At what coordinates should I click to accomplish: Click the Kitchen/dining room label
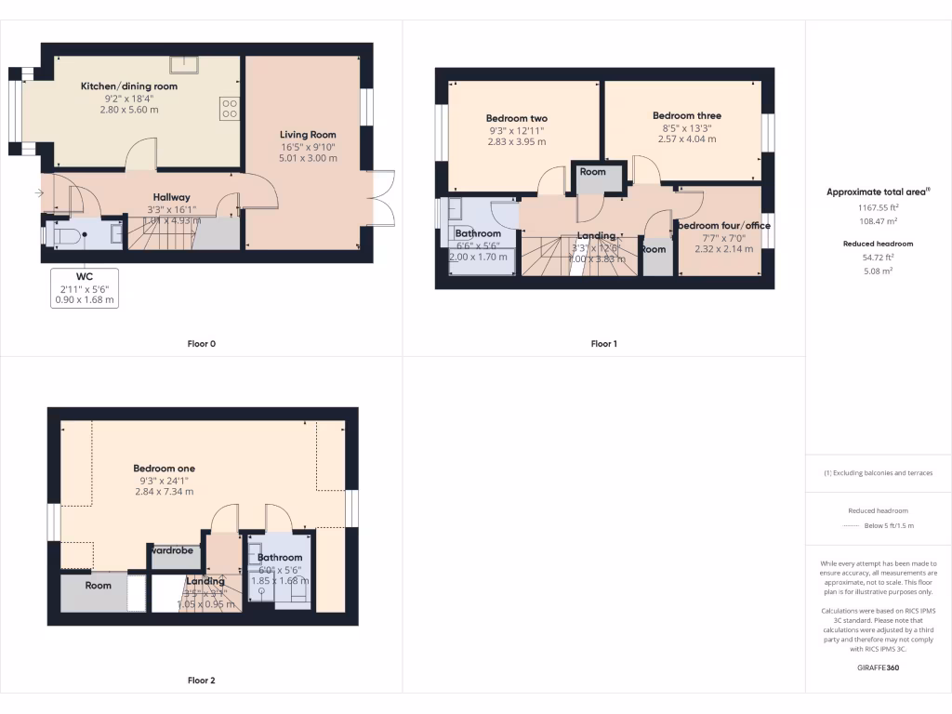point(128,86)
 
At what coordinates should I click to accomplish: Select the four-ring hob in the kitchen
point(229,108)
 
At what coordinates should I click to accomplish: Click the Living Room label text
point(308,135)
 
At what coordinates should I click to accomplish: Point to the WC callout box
point(85,288)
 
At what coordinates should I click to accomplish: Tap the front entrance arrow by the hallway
point(37,193)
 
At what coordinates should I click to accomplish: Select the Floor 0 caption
point(201,344)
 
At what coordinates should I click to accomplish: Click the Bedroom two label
point(516,119)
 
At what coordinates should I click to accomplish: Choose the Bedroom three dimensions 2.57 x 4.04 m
point(687,139)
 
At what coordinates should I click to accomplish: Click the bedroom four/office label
point(723,226)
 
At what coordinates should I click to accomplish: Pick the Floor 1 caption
point(603,344)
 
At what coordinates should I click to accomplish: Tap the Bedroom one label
point(164,469)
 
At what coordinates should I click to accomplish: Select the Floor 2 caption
point(201,681)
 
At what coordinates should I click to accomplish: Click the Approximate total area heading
point(878,192)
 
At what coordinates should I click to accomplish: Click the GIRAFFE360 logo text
point(879,668)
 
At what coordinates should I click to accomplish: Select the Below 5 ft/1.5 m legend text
point(889,526)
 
